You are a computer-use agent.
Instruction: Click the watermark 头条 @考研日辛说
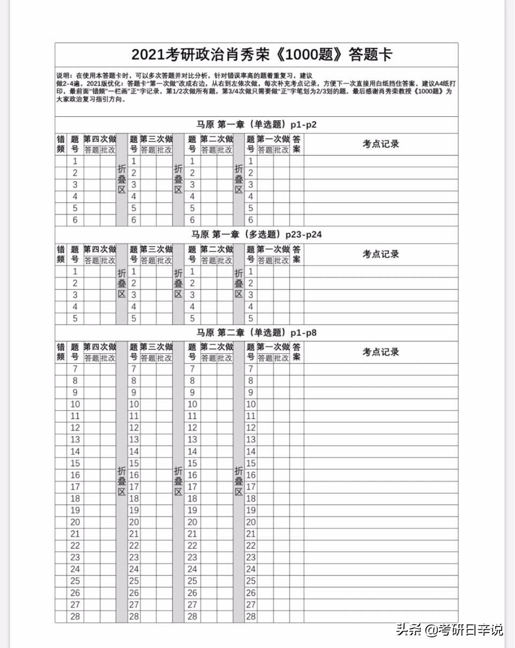[450, 629]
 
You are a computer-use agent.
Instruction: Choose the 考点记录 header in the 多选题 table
[380, 254]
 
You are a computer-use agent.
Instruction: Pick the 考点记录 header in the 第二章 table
[380, 352]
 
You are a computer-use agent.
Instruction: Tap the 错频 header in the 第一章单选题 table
[61, 144]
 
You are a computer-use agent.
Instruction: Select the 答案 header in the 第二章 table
[296, 352]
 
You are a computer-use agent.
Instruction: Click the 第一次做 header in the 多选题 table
[273, 249]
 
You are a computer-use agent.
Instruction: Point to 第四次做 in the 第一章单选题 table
[100, 139]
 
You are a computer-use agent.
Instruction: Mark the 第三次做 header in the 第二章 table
[156, 347]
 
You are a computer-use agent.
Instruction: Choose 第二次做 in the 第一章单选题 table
[217, 139]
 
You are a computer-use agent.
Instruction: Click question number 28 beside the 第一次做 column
[251, 616]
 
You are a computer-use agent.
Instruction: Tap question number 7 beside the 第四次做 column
[75, 369]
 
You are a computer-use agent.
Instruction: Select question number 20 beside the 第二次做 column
[192, 522]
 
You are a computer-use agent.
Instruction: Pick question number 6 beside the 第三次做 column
[134, 220]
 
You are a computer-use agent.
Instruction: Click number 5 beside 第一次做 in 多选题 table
[250, 318]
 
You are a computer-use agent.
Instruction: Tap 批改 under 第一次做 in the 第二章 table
[281, 358]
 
